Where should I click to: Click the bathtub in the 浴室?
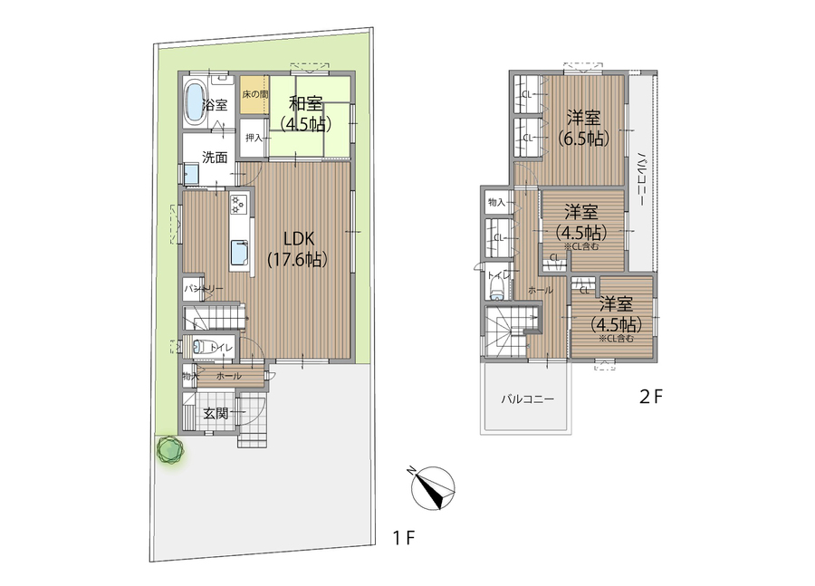point(195,104)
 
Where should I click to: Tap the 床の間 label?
point(254,94)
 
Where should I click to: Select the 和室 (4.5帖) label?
point(306,114)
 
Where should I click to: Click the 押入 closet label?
point(254,138)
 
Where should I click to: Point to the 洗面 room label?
point(215,157)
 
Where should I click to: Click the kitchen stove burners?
point(237,204)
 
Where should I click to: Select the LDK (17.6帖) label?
point(298,248)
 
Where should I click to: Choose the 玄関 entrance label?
point(216,414)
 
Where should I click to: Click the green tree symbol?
point(170,449)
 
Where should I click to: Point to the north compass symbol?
point(433,488)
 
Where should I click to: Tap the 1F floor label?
point(404,538)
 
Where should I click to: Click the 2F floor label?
point(651,398)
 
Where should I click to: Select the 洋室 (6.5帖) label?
point(583,128)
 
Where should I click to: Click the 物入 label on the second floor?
point(496,203)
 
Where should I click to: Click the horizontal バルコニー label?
point(528,399)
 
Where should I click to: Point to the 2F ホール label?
point(540,290)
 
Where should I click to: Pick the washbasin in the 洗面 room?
point(191,174)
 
